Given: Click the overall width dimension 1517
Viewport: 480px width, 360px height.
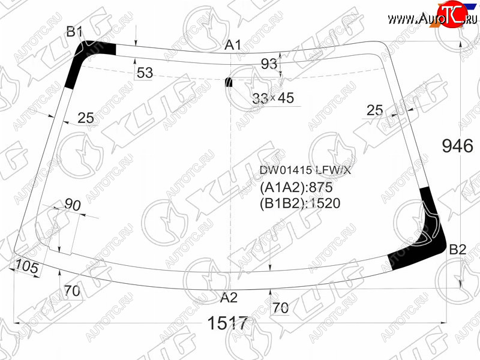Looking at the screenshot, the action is pyautogui.click(x=227, y=323).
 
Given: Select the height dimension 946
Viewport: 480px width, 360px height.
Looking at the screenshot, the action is pyautogui.click(x=458, y=146).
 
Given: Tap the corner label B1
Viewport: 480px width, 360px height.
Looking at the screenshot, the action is pyautogui.click(x=74, y=32).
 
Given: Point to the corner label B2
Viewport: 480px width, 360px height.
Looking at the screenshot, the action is pyautogui.click(x=457, y=250).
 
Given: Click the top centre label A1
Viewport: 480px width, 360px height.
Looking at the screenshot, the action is pyautogui.click(x=233, y=45).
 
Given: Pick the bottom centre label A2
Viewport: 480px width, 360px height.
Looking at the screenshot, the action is pyautogui.click(x=229, y=297).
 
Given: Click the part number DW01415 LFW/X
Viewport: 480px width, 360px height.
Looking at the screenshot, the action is pyautogui.click(x=305, y=170).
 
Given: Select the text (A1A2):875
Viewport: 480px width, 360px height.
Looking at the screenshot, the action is pyautogui.click(x=296, y=187).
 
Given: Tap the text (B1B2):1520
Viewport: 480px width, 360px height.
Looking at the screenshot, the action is pyautogui.click(x=300, y=203).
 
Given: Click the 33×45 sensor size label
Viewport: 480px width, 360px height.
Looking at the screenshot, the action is pyautogui.click(x=273, y=98).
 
